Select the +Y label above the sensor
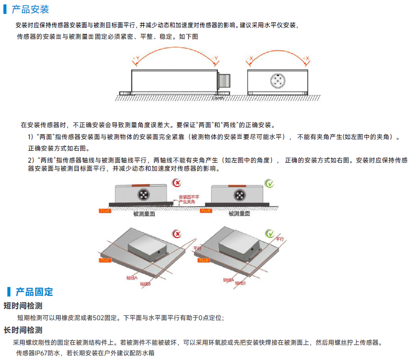pyautogui.click(x=135, y=58)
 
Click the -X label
pyautogui.click(x=249, y=59)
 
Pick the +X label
pyautogui.click(x=306, y=59)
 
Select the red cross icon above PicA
pyautogui.click(x=176, y=184)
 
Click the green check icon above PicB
pyautogui.click(x=270, y=184)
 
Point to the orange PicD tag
pyautogui.click(x=205, y=260)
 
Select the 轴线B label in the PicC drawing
pyautogui.click(x=146, y=284)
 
